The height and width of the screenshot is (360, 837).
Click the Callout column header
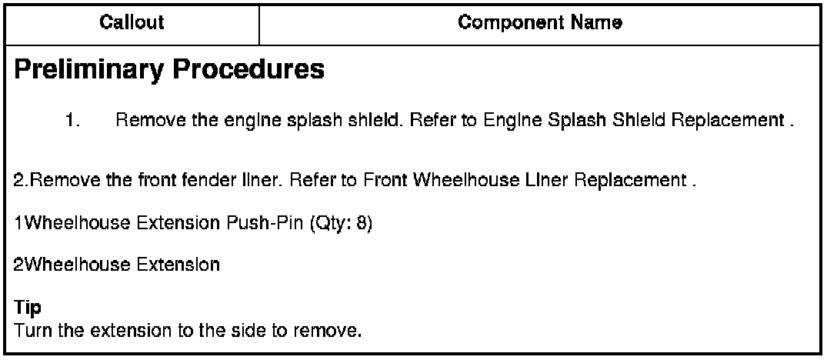pyautogui.click(x=132, y=22)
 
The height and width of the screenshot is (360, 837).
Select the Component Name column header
pyautogui.click(x=540, y=22)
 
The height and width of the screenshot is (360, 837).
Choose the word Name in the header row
pyautogui.click(x=602, y=22)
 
